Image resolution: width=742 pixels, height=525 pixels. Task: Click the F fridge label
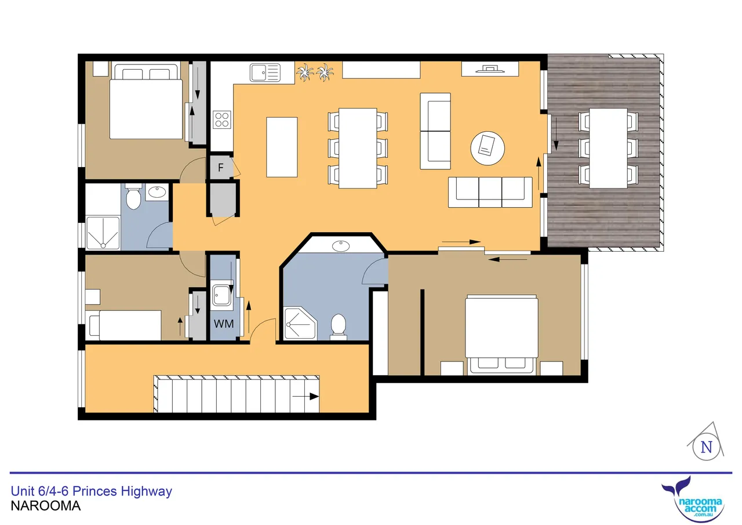[x=221, y=168]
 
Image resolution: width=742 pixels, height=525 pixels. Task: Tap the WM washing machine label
[x=224, y=324]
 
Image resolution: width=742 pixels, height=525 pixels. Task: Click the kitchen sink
[x=265, y=73]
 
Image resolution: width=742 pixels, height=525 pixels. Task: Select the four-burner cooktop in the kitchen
[x=222, y=120]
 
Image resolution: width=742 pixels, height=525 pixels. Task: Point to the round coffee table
[x=488, y=148]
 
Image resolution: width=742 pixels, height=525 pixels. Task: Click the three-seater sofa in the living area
[x=490, y=192]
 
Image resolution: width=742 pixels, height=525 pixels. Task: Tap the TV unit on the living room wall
[x=490, y=69]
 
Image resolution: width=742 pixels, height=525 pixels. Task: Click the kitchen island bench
[x=282, y=147]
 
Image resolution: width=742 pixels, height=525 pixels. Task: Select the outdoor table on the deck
[x=608, y=148]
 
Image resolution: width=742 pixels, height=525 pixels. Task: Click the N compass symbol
[x=706, y=447]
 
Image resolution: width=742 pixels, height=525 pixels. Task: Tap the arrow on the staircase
[x=305, y=396]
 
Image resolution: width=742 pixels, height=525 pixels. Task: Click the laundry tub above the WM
[x=222, y=295]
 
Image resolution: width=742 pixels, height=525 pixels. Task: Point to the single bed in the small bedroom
[x=124, y=325]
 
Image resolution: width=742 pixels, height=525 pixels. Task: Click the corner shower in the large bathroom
[x=300, y=323]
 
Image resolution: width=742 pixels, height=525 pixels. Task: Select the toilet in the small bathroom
[x=133, y=196]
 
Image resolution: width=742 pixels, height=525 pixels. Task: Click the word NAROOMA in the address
[x=46, y=506]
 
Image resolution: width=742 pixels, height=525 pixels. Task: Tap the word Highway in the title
[x=147, y=491]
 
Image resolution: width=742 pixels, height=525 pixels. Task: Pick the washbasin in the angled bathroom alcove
[x=341, y=246]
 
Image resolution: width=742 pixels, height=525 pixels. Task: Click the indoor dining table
[x=358, y=148]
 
